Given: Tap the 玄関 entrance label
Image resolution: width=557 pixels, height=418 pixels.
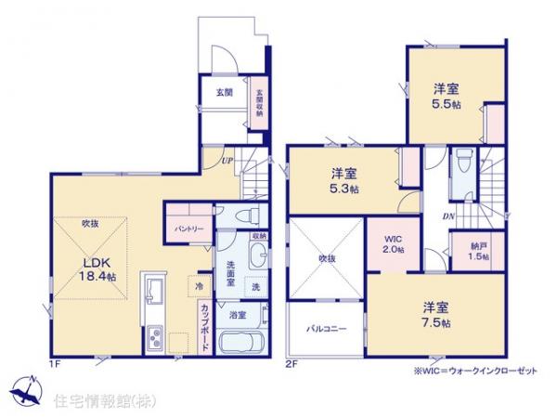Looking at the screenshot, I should tap(225, 92).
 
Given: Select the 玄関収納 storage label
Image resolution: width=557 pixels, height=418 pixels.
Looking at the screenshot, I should tap(259, 99).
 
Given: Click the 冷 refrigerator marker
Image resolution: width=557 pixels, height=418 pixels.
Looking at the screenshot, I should tap(201, 286).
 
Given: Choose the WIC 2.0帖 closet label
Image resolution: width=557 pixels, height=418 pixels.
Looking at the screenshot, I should tap(395, 244).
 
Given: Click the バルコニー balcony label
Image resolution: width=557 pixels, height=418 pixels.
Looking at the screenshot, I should tap(324, 330).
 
